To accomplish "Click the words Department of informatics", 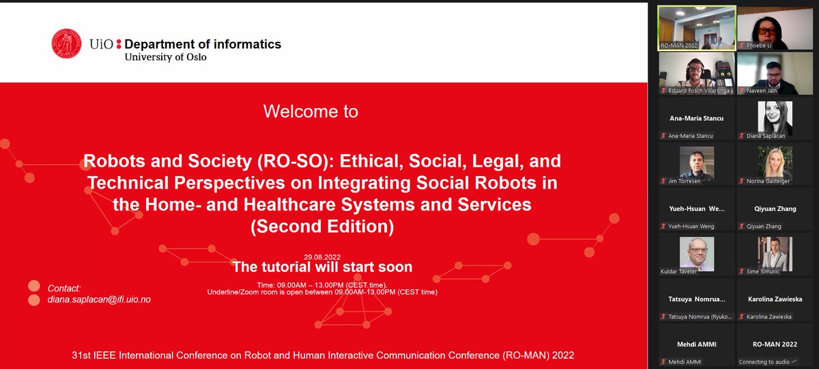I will pos(203,44).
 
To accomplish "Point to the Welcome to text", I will pos(311,111).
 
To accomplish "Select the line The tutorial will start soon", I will pos(322,267).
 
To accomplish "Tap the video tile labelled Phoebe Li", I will pos(774,27).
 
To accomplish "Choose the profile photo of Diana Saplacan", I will pos(775,118).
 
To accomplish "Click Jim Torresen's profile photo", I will pos(697,163).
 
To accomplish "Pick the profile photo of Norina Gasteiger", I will pos(775,163).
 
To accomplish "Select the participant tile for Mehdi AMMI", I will pos(697,344).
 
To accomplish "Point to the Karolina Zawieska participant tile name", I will pos(775,299).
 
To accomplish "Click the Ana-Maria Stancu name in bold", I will pos(697,118).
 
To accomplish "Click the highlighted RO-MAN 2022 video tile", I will pos(697,27).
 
